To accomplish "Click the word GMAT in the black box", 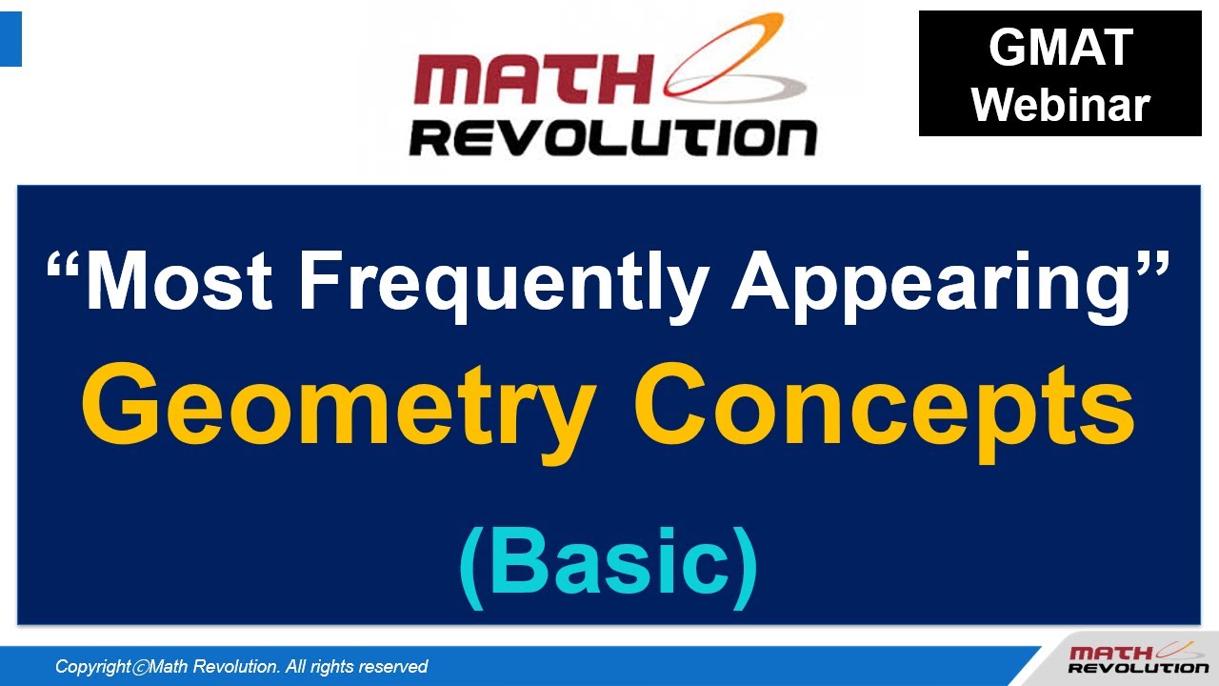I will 1060,48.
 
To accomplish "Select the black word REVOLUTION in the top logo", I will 613,137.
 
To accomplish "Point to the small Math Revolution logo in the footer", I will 1137,659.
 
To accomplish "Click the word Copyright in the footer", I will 92,667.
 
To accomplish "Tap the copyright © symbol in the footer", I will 139,667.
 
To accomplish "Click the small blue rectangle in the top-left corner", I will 10,39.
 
